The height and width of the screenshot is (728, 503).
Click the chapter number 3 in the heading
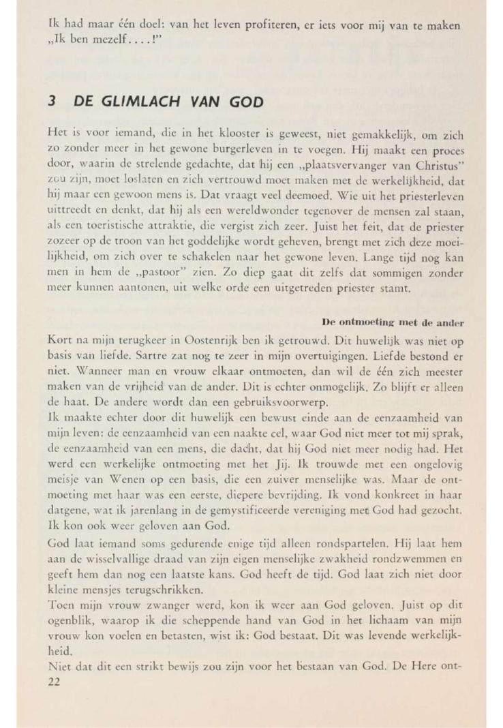pos(52,101)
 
